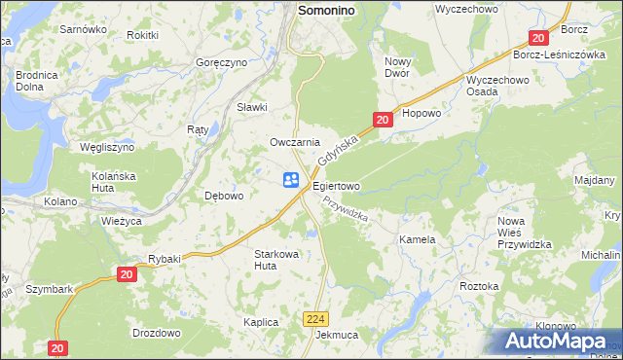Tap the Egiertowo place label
point(336,185)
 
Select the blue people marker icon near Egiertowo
point(291,179)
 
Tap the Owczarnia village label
point(295,142)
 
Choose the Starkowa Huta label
point(276,259)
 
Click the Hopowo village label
point(421,113)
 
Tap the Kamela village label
point(417,238)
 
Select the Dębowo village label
point(224,196)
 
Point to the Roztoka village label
point(479,286)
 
